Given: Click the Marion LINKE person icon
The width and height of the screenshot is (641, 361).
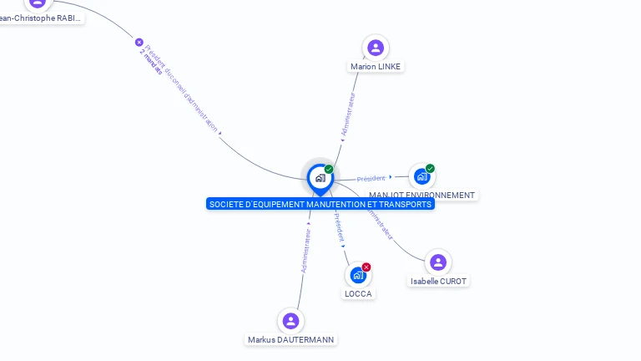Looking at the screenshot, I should pos(376,48).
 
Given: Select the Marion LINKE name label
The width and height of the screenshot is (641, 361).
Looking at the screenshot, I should pos(376,67).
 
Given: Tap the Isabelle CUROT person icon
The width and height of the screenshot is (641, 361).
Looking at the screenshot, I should pos(438,262).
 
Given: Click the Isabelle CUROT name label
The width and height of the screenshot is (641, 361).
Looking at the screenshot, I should pos(438,282).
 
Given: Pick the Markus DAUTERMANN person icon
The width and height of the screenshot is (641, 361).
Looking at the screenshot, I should pos(290,321).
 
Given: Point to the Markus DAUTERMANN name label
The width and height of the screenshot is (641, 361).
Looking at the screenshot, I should pos(291,340).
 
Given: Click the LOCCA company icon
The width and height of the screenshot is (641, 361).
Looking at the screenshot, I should pos(358,275).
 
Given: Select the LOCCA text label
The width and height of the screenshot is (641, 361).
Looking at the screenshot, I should pos(358,294).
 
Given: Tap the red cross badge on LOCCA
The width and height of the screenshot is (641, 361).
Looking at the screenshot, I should pos(366,267).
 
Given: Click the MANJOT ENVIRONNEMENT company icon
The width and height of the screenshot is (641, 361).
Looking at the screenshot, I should pos(421,176).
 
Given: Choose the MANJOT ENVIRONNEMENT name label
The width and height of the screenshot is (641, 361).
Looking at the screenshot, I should pos(421,196).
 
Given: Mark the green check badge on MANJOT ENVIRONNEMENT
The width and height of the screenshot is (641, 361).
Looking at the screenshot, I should pos(431,169).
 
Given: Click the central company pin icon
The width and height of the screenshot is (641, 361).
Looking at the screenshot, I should pos(320,178).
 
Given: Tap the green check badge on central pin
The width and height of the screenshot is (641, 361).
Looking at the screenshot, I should pos(329,170).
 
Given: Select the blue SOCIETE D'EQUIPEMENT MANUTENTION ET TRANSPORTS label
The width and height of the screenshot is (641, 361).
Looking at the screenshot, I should pos(320,205).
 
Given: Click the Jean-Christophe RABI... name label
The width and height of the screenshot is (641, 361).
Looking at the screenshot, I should pos(40,18).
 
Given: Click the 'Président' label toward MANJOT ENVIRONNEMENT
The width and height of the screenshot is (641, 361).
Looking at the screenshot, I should pos(371,178).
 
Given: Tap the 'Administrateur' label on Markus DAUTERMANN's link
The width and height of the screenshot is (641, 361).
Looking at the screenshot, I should pos(306,251).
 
